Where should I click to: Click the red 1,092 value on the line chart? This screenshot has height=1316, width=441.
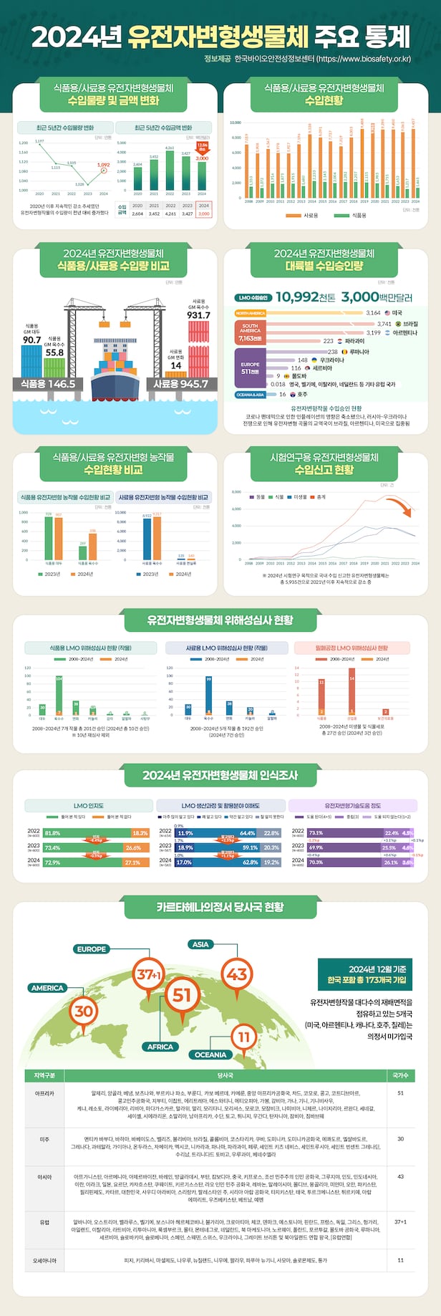pyautogui.click(x=104, y=165)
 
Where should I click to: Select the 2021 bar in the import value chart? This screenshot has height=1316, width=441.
pyautogui.click(x=154, y=173)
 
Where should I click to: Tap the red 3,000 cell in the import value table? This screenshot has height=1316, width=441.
pyautogui.click(x=203, y=213)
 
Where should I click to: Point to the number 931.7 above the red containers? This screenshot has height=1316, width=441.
pyautogui.click(x=198, y=315)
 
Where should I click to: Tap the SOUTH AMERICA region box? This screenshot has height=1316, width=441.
pyautogui.click(x=250, y=332)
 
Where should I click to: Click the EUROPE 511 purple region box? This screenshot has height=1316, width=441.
pyautogui.click(x=250, y=368)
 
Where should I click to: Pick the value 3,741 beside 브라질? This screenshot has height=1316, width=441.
pyautogui.click(x=384, y=324)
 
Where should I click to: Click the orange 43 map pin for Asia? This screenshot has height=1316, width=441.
pyautogui.click(x=237, y=974)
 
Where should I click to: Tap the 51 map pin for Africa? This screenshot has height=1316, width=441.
pyautogui.click(x=183, y=994)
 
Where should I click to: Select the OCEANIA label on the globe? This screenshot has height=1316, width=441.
pyautogui.click(x=210, y=1055)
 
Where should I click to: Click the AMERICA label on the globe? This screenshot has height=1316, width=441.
pyautogui.click(x=47, y=988)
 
